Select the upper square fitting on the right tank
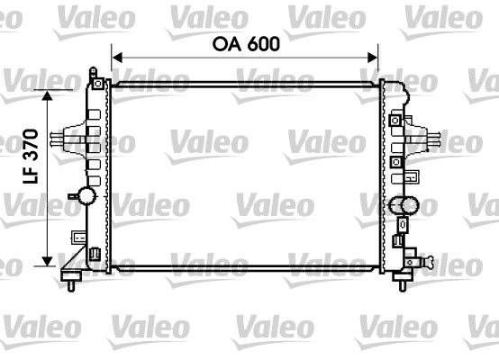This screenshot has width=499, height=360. [395, 120]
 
